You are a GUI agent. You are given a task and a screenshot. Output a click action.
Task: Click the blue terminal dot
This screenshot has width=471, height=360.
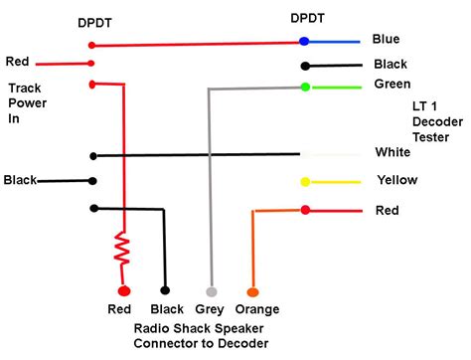pyautogui.click(x=304, y=41)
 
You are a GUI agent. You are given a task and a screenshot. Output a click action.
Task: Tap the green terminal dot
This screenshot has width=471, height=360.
pyautogui.click(x=305, y=88)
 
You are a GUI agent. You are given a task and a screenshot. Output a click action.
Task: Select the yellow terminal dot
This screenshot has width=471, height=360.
pyautogui.click(x=305, y=182)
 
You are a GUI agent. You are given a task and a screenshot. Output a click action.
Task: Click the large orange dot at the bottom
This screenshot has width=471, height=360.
pyautogui.click(x=252, y=292)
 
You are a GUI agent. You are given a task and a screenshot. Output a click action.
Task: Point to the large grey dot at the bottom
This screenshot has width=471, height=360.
pyautogui.click(x=210, y=292)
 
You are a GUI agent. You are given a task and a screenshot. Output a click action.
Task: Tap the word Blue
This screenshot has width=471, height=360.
pyautogui.click(x=386, y=39)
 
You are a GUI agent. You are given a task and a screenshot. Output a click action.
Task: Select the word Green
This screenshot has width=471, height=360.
pyautogui.click(x=392, y=84)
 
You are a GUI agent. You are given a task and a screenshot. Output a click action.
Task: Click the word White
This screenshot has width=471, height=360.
pyautogui.click(x=392, y=152)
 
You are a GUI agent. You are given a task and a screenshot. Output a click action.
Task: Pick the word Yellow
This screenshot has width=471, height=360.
pyautogui.click(x=396, y=180)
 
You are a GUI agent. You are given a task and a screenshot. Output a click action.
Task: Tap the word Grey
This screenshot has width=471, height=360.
pyautogui.click(x=210, y=310)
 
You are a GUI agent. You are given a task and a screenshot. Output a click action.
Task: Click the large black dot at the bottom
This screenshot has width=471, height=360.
pyautogui.click(x=166, y=292)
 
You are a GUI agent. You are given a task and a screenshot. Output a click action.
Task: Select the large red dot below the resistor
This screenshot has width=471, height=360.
pyautogui.click(x=124, y=292)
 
